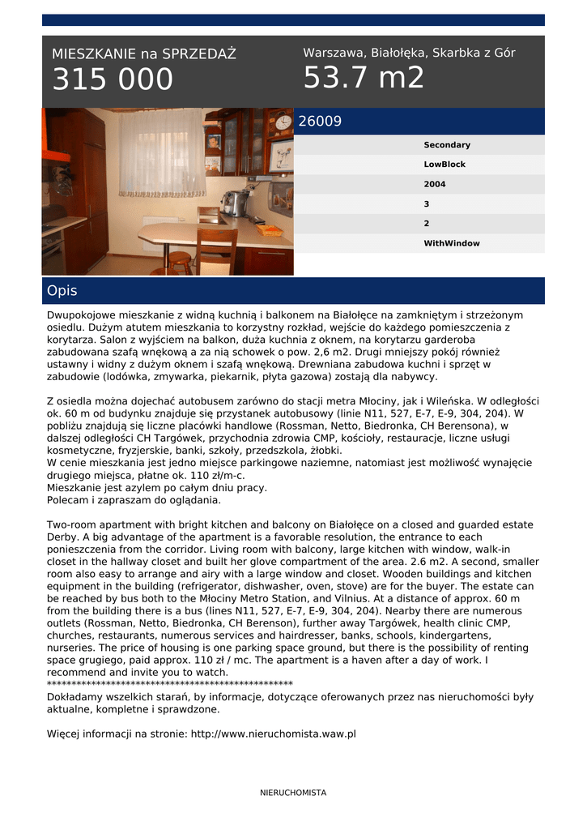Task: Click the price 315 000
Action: tap(113, 79)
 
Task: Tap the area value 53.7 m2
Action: tap(364, 78)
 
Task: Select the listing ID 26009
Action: tap(320, 122)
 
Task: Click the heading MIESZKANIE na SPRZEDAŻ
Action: tap(143, 54)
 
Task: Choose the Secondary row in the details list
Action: tap(447, 145)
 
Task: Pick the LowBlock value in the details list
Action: tap(445, 165)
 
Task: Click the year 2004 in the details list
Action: tap(434, 184)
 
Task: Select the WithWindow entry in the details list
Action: tap(451, 243)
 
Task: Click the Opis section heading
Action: tap(62, 290)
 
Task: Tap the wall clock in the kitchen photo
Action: tap(283, 122)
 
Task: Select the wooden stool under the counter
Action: tap(180, 262)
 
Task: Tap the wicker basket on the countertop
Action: tap(269, 229)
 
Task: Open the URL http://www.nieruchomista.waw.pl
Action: tap(273, 734)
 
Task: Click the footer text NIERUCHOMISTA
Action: tap(293, 793)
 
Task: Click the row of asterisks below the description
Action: tap(170, 684)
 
